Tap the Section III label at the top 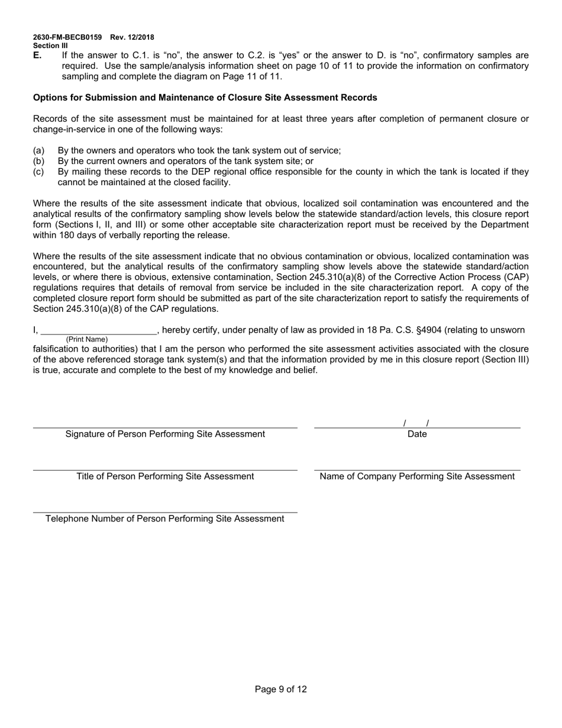50,46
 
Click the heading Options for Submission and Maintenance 205,97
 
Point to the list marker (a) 38,150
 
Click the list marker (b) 38,161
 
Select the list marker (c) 38,172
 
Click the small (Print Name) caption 87,340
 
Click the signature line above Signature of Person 165,426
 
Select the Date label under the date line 417,434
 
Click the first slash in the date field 405,423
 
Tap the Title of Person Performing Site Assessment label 165,476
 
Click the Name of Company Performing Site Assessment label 417,476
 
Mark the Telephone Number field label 165,519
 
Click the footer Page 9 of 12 281,689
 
